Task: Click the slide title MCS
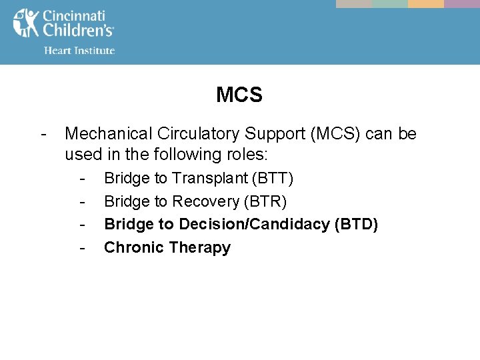(239, 95)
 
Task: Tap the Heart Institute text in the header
(79, 51)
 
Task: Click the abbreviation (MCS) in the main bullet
(330, 134)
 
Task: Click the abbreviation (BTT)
(273, 179)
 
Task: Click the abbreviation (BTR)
(265, 201)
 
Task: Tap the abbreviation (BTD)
(356, 225)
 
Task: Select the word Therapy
(200, 248)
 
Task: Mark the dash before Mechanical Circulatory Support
(43, 134)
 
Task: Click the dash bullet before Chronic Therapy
(82, 248)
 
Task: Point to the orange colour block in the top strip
(425, 4)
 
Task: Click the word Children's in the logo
(78, 31)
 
